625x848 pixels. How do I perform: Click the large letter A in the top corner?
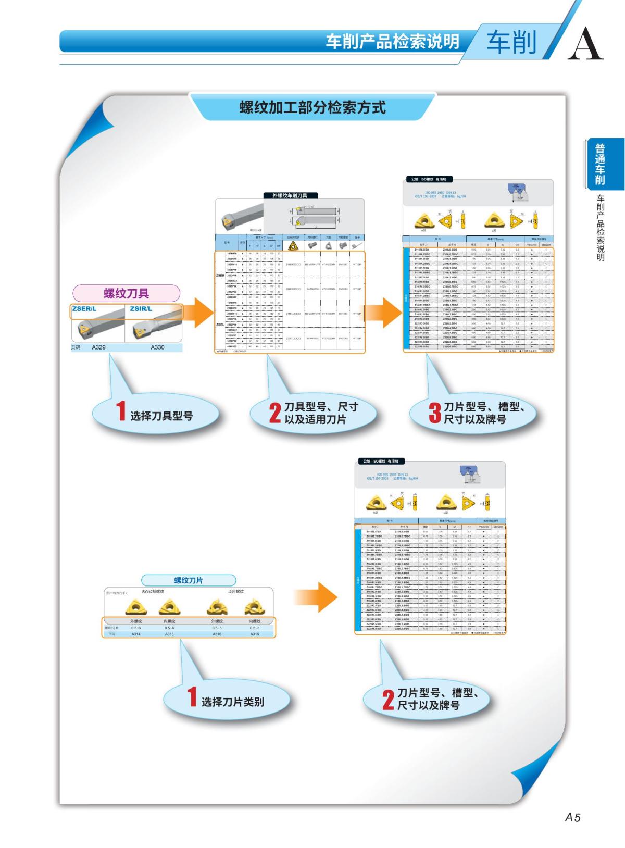tap(585, 43)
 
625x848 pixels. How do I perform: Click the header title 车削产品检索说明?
tap(393, 41)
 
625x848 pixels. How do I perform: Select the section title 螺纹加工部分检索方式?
tap(312, 108)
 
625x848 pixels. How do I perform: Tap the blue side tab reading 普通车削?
tap(600, 164)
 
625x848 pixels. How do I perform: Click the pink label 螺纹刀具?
tap(126, 293)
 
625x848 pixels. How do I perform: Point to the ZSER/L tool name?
tap(84, 309)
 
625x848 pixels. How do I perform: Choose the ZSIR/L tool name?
tap(141, 309)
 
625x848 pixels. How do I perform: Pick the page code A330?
tap(157, 347)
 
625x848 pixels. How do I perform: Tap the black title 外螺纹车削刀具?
tap(290, 195)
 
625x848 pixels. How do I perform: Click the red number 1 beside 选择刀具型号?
tap(121, 411)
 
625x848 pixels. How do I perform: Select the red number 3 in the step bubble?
tap(434, 413)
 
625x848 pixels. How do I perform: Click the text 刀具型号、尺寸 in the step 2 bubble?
tap(321, 407)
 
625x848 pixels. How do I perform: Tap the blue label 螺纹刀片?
tap(188, 580)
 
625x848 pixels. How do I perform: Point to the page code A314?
tap(136, 634)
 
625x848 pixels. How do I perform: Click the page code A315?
tap(169, 634)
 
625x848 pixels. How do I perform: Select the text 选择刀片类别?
tap(233, 702)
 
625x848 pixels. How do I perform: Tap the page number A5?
tap(572, 817)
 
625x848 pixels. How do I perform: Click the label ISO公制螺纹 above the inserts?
tap(153, 592)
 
